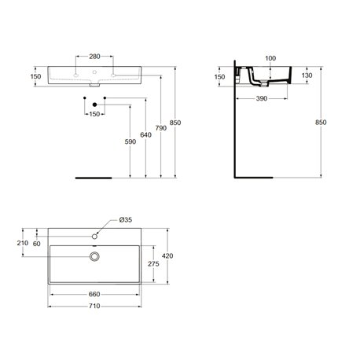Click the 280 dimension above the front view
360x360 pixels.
94,57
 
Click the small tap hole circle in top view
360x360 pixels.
94,235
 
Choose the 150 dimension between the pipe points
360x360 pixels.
94,114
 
